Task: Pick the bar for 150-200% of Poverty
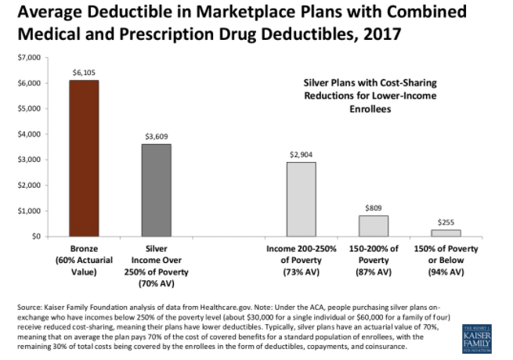[374, 225]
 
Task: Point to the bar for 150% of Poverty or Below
[446, 232]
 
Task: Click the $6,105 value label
[84, 73]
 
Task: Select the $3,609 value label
[156, 136]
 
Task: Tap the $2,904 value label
[301, 154]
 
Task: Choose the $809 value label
[374, 208]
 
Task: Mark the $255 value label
[446, 222]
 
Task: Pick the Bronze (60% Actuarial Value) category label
[84, 261]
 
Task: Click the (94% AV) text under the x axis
[446, 272]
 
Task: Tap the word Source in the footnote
[30, 308]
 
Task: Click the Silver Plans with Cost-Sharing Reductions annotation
[369, 95]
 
